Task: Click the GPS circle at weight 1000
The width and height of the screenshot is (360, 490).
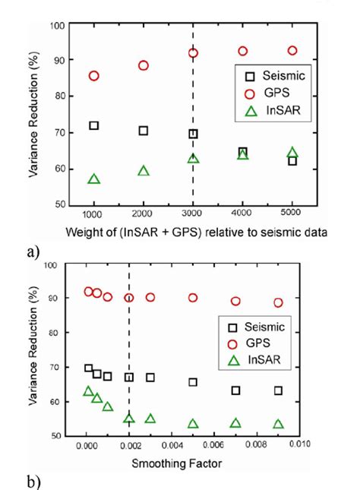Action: point(93,76)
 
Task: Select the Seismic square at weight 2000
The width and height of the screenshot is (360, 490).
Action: point(143,131)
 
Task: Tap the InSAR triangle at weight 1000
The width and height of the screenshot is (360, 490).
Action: point(93,179)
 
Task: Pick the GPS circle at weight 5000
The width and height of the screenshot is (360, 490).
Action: point(292,51)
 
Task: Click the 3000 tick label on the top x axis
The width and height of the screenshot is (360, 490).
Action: point(192,215)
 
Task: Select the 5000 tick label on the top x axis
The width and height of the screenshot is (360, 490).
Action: point(292,215)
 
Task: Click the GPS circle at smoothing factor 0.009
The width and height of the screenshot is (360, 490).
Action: point(278,302)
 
